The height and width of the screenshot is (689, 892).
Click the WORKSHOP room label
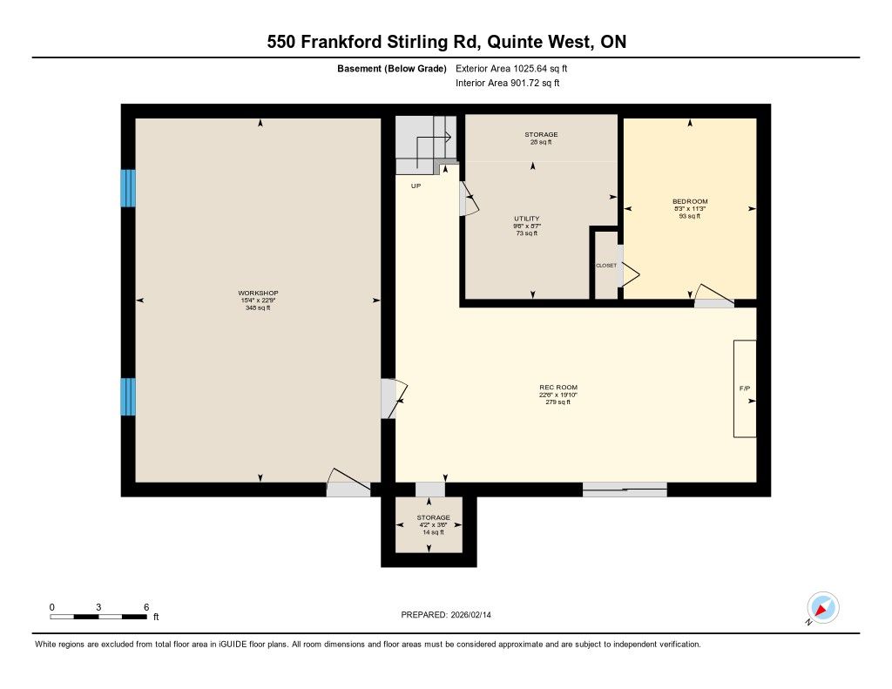click(258, 293)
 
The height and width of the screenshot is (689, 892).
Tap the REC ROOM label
click(558, 387)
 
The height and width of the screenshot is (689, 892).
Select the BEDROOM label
click(690, 201)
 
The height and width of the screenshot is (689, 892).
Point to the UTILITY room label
click(527, 219)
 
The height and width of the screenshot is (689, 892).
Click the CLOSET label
click(606, 266)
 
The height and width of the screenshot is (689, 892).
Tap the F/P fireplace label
click(745, 388)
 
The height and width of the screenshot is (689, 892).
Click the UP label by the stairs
click(416, 186)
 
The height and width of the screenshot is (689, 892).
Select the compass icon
click(822, 608)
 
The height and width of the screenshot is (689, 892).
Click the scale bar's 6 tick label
click(146, 607)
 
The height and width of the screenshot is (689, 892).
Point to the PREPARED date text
click(446, 614)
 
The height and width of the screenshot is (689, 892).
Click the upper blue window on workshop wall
click(128, 188)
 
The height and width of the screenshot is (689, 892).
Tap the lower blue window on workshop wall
click(128, 396)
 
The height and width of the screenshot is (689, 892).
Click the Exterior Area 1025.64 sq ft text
click(511, 69)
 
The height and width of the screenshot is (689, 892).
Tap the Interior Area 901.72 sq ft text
click(508, 83)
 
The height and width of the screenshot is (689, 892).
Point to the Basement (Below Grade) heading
click(392, 69)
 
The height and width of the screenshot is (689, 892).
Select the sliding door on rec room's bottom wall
click(625, 490)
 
